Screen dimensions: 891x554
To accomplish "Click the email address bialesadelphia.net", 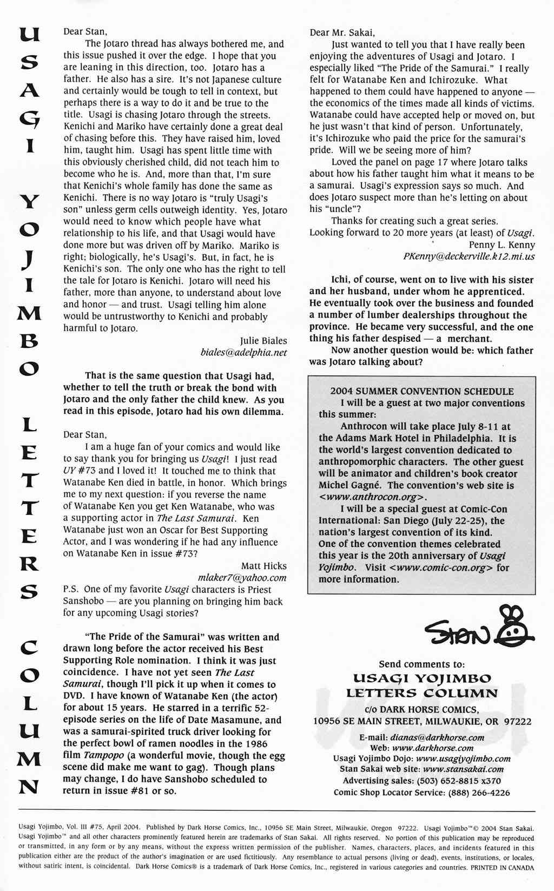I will [x=243, y=353].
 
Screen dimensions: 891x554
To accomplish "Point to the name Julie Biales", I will [x=263, y=341].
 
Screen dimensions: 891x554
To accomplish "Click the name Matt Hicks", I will [x=264, y=566].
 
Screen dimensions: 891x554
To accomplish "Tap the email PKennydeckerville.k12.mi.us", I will [x=469, y=256].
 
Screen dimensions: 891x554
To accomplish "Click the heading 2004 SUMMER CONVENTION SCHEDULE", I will [x=422, y=391].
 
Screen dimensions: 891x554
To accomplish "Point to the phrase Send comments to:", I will [x=421, y=664].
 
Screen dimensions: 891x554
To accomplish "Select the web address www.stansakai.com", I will [x=463, y=769].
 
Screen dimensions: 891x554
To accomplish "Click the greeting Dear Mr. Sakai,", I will [x=342, y=32].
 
